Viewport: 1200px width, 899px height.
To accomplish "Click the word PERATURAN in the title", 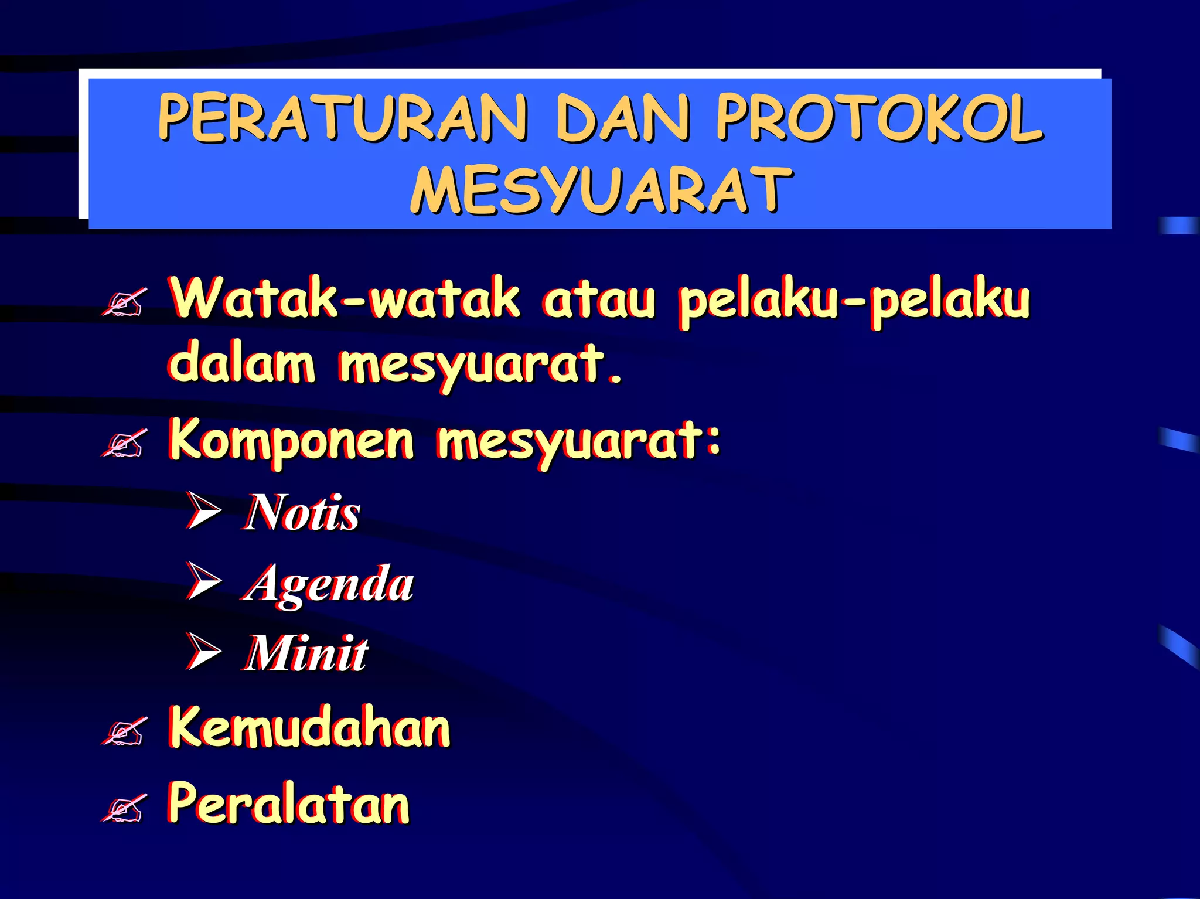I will [x=343, y=118].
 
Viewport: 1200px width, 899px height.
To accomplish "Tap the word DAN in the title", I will [x=622, y=118].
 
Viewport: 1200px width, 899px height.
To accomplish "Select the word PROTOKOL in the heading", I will [x=879, y=118].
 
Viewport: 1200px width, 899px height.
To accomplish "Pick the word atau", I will [x=598, y=300].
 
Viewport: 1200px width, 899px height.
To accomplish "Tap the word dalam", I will [x=241, y=365].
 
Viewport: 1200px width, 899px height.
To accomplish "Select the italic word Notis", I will [x=302, y=513].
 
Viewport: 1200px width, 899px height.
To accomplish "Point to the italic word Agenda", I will [x=329, y=584].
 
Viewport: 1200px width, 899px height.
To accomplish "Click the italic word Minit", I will [x=306, y=653].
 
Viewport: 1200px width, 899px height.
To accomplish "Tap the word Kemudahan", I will [x=309, y=727].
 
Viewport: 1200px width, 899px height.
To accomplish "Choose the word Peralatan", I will [x=289, y=803].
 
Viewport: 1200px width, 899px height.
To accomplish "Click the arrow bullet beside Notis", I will [x=204, y=510].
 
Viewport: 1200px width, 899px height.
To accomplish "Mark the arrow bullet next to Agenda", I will [x=204, y=581].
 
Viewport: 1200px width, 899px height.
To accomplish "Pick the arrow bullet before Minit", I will [x=204, y=651].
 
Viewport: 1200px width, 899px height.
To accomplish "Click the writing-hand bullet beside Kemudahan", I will [x=124, y=731].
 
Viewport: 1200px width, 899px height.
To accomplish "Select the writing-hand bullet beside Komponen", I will [x=124, y=443].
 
